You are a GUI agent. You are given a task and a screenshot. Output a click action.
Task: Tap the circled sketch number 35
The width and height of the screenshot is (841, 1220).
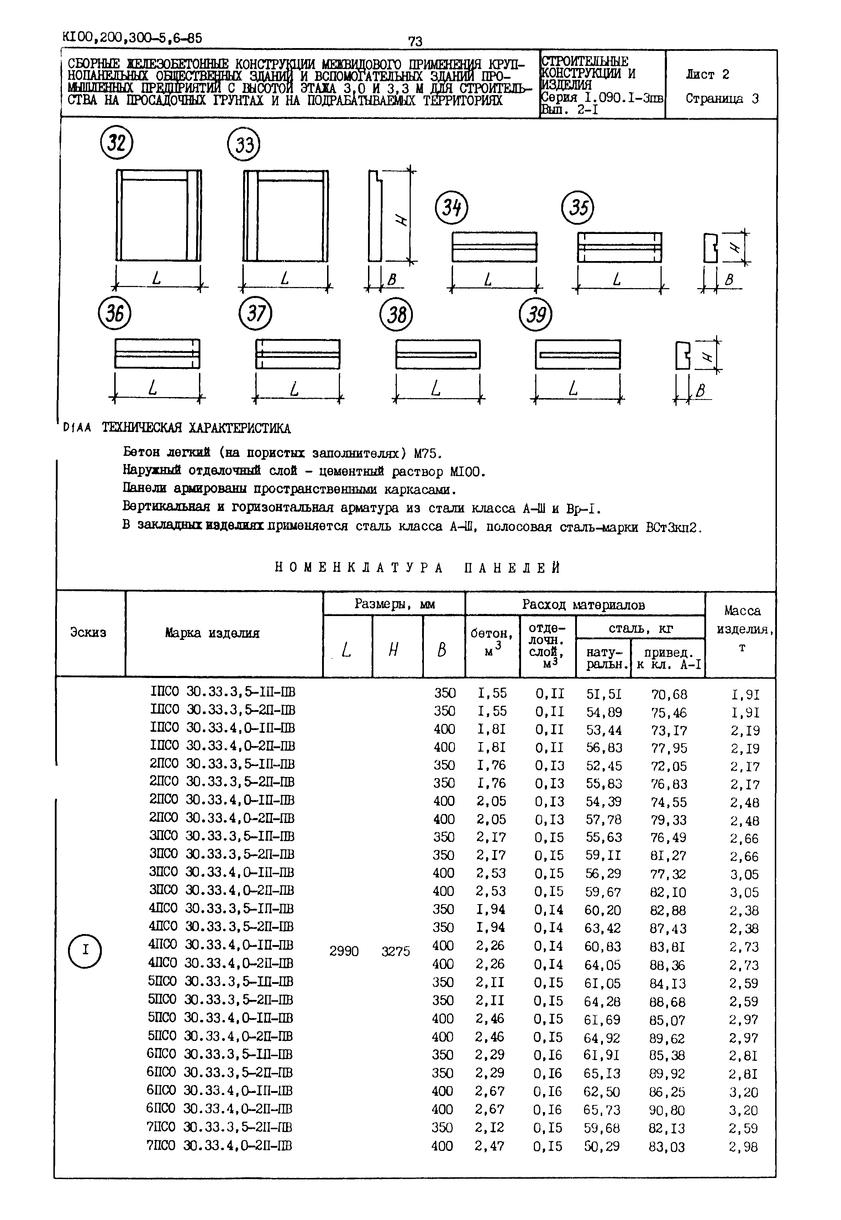pos(578,208)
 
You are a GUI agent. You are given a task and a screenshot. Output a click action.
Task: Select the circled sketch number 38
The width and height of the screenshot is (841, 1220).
pos(396,315)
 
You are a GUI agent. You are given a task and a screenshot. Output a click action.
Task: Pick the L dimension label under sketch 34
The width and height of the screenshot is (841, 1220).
pos(488,280)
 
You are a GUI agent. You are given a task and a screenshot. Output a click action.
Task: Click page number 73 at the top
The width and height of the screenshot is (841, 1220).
pos(415,41)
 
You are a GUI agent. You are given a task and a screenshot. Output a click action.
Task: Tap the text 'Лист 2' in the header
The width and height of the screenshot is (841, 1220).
pos(708,75)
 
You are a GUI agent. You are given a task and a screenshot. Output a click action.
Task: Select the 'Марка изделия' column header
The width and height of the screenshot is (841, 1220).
pos(212,633)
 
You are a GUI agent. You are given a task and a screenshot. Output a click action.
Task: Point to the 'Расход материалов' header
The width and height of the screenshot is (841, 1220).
pos(583,605)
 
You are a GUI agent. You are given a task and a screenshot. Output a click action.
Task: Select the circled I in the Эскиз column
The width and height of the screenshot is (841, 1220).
pos(85,950)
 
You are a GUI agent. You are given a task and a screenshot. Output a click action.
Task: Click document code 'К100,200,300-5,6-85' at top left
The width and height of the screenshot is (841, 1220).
pos(132,37)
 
